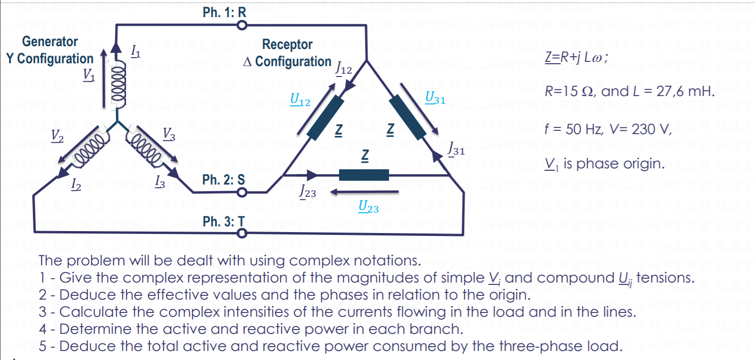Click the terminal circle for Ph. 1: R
tap(242, 25)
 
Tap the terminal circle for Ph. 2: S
tap(242, 192)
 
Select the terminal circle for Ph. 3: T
tap(242, 233)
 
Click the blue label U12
tap(300, 99)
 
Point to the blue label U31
tap(435, 97)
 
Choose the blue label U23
tap(368, 206)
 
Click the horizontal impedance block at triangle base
tap(364, 175)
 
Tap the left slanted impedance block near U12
tap(326, 117)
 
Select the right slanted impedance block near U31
tap(407, 117)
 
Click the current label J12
tap(344, 68)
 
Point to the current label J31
tap(456, 149)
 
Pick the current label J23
tap(308, 192)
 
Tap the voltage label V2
tap(58, 136)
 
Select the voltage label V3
tap(169, 134)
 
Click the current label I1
tap(136, 50)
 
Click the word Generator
tap(50, 42)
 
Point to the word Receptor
tap(287, 45)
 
